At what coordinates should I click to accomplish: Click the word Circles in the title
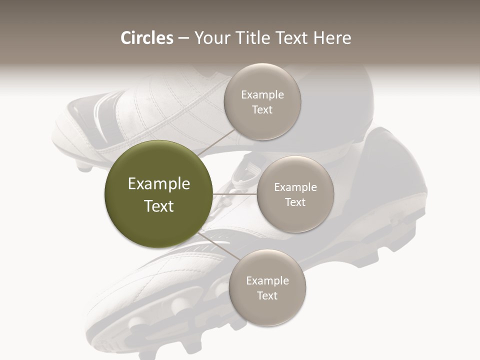coord(146,38)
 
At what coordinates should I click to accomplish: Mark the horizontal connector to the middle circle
coord(235,194)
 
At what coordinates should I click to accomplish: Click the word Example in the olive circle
coord(159,184)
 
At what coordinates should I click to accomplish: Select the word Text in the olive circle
coord(159,206)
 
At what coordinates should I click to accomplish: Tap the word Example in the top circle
coord(262,95)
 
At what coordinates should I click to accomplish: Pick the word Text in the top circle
coord(262,109)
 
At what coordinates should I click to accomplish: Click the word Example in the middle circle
coord(295,187)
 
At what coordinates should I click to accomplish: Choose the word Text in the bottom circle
coord(267,295)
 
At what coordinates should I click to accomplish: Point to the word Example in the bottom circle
coord(267,281)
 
